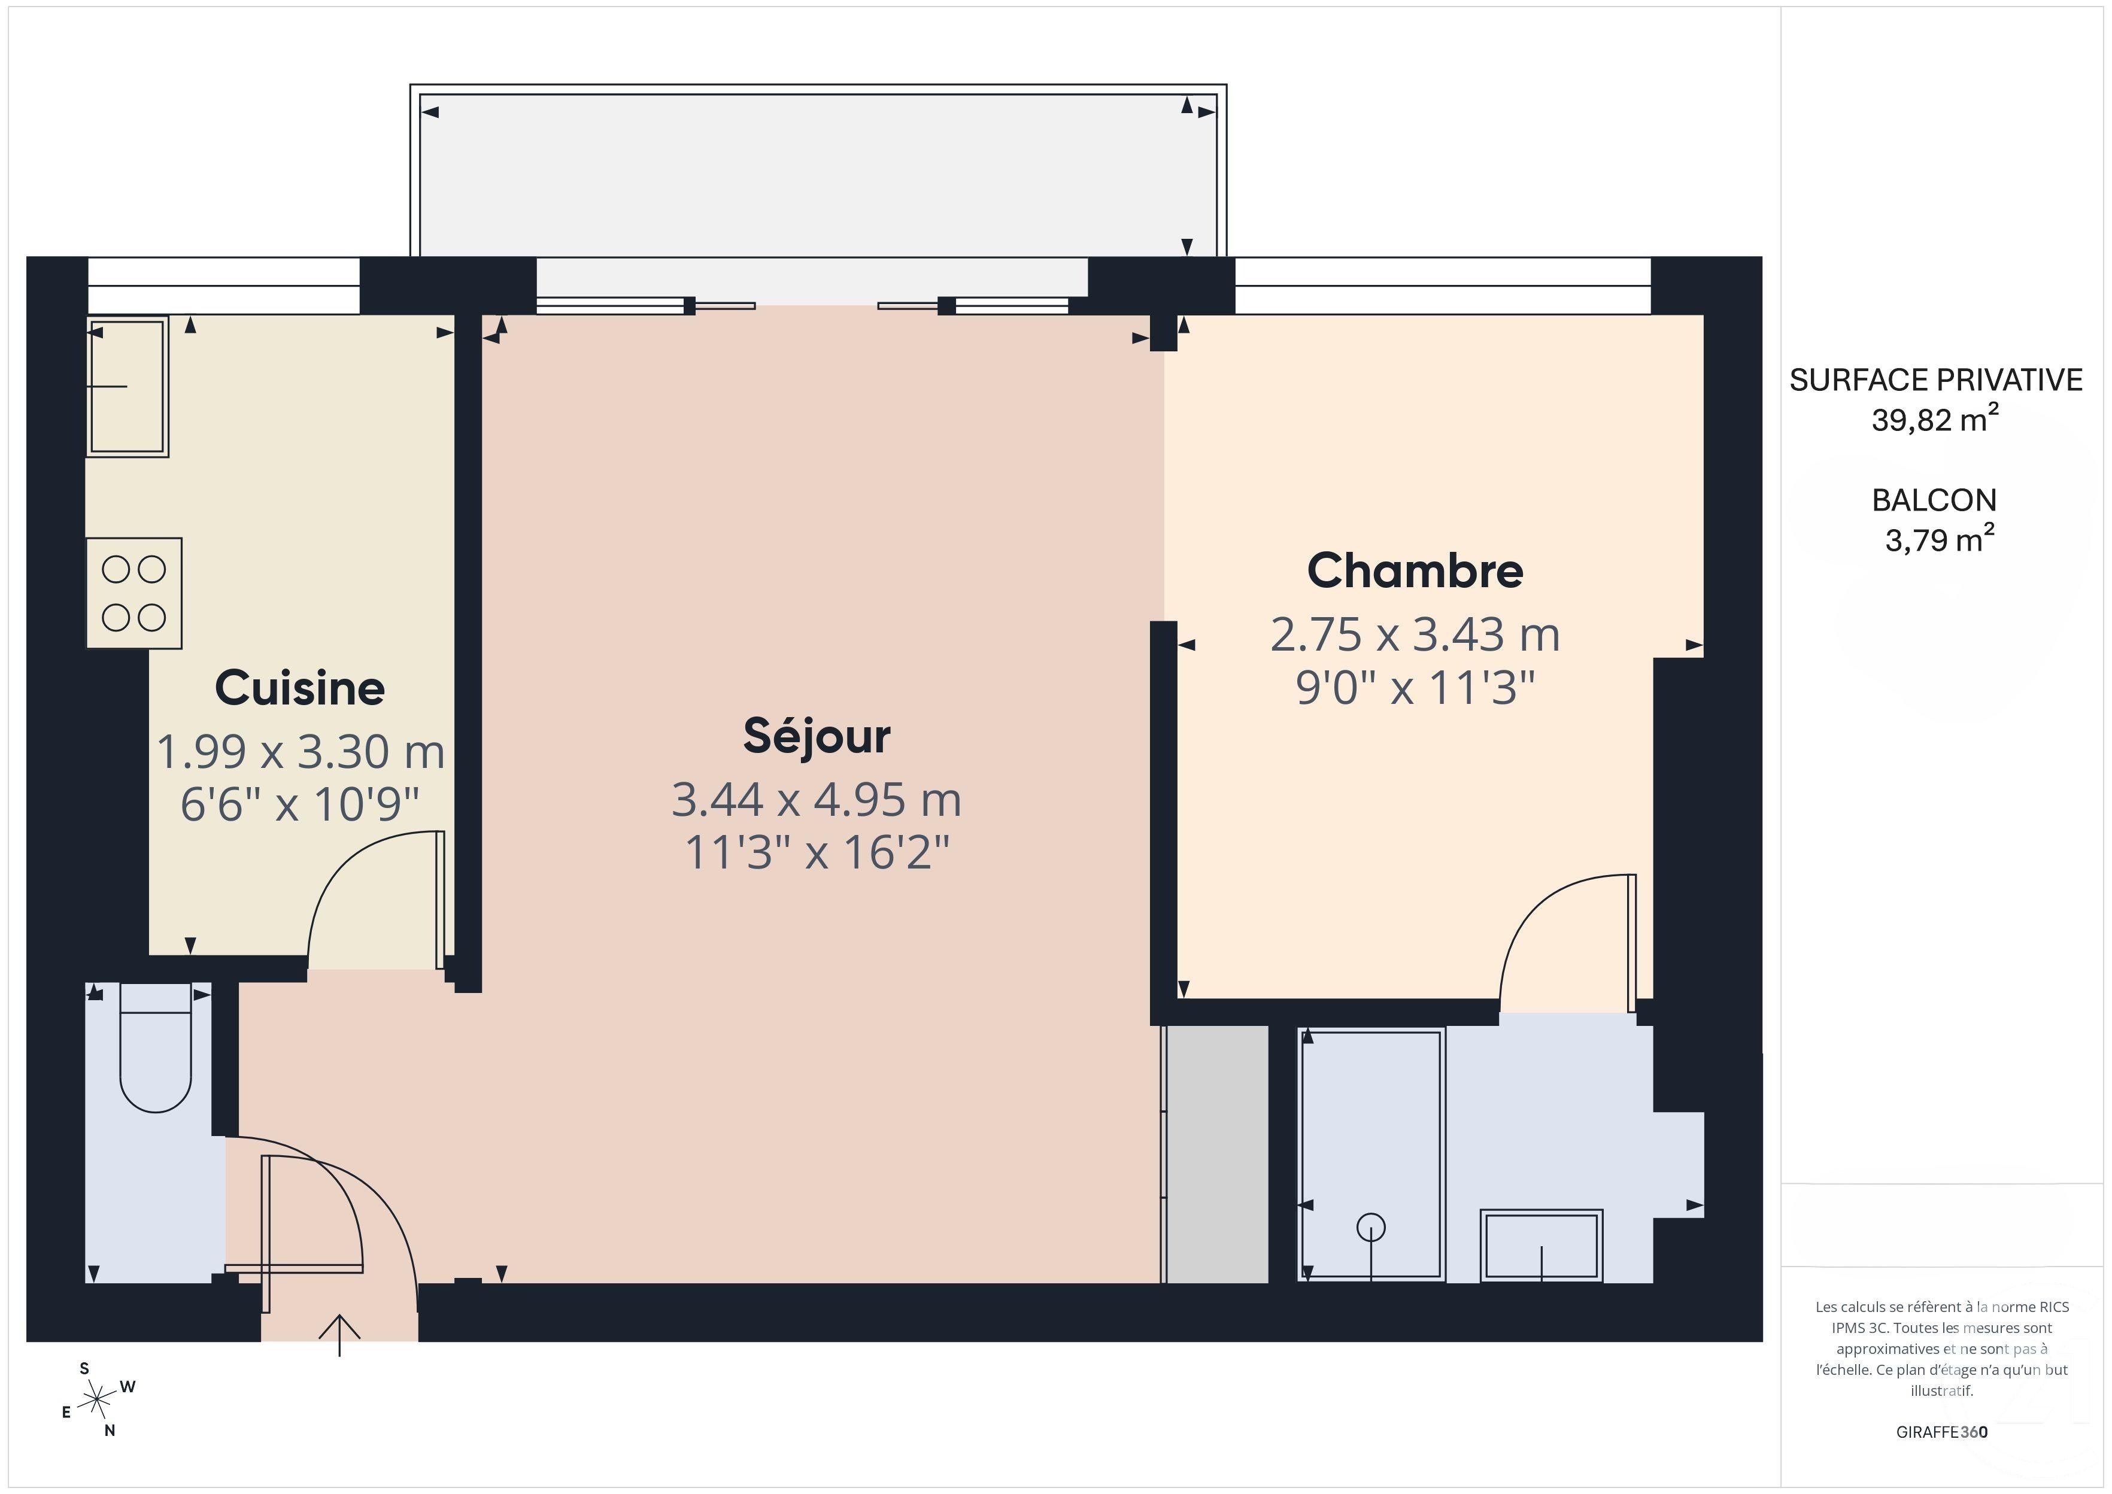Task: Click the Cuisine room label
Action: point(300,688)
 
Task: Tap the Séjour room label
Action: point(816,736)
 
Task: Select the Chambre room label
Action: point(1415,570)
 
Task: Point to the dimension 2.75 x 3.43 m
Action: point(1415,634)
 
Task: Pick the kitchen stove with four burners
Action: point(134,593)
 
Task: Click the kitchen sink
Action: point(128,387)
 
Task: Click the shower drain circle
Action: point(1371,1227)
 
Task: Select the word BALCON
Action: point(1934,500)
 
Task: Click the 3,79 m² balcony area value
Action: point(1939,540)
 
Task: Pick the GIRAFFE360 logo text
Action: point(1941,1432)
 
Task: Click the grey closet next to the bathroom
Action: point(1216,1155)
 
